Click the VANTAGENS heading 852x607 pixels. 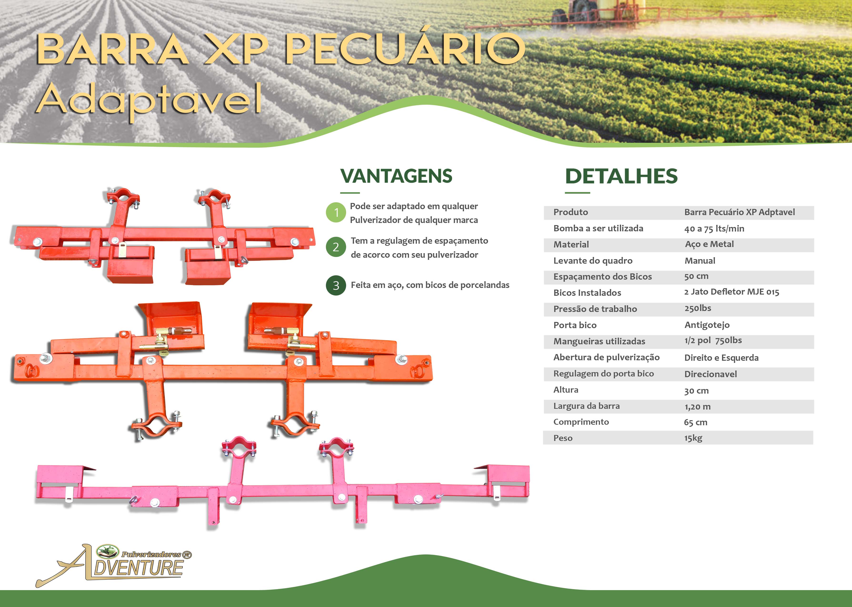(396, 176)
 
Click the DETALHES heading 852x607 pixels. (621, 176)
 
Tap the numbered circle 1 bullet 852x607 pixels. (336, 212)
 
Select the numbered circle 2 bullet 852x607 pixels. (336, 247)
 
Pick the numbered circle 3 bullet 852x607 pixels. (336, 286)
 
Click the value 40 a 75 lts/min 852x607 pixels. (714, 228)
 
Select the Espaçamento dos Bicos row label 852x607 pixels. (603, 276)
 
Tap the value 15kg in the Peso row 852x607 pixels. (693, 438)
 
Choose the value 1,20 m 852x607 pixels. (698, 407)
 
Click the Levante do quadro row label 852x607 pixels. (593, 261)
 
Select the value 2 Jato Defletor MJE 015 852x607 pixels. (732, 292)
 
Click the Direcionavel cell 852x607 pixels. (711, 374)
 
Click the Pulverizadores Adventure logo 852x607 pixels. (114, 565)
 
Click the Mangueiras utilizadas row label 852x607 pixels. (594, 341)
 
